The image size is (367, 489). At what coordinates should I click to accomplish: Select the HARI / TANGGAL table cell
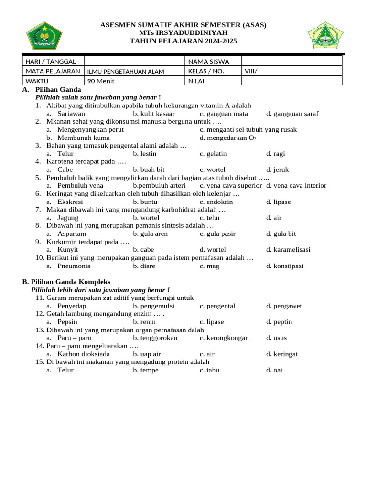(x=53, y=61)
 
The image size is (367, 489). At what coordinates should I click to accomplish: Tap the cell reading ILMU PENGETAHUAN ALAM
(x=126, y=72)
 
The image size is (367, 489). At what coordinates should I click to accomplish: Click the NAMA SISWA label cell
(x=209, y=61)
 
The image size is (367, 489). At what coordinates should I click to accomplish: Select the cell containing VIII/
(x=251, y=71)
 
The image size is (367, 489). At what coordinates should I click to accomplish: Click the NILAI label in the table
(x=196, y=81)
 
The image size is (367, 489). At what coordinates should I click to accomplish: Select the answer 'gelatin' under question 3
(x=213, y=154)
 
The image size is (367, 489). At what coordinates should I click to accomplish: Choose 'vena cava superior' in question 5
(x=231, y=185)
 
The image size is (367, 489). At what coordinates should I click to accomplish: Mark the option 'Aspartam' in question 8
(x=72, y=234)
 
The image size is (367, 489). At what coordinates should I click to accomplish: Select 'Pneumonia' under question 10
(x=74, y=266)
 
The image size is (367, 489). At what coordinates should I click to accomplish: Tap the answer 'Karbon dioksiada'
(x=84, y=354)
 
